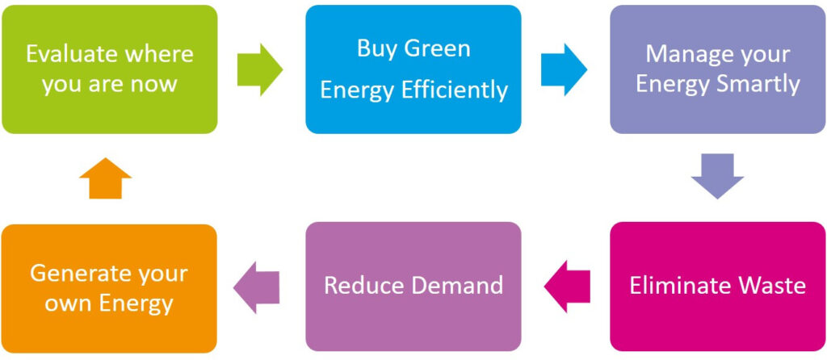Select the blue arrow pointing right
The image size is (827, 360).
tap(564, 69)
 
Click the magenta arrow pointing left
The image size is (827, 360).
tap(567, 285)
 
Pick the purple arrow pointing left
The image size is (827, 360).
tap(256, 285)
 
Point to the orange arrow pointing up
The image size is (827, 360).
tap(106, 178)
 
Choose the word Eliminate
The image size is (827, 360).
tap(677, 285)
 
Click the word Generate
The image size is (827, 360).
tap(78, 273)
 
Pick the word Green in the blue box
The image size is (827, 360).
tap(437, 48)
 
